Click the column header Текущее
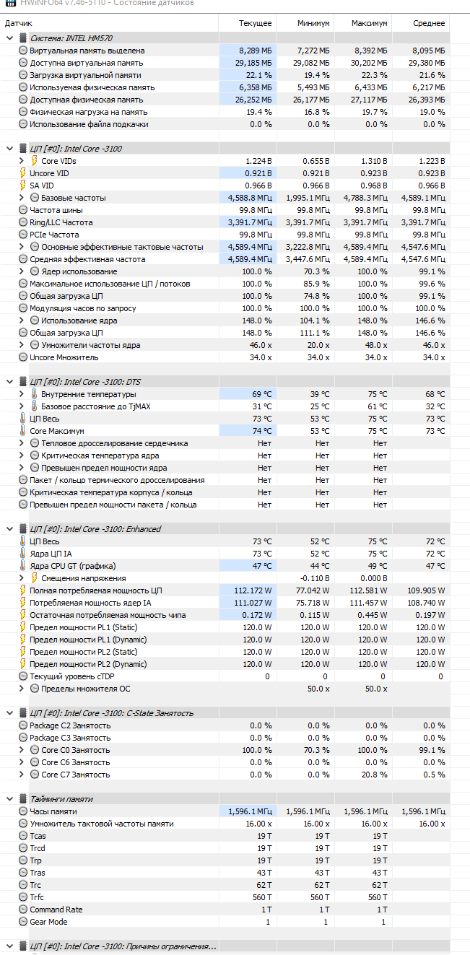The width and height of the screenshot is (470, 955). [256, 23]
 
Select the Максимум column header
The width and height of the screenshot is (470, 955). [370, 23]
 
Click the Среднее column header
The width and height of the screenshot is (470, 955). [429, 23]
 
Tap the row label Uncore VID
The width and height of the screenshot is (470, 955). [49, 173]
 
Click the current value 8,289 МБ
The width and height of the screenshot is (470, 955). [256, 51]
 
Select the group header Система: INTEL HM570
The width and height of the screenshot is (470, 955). [71, 38]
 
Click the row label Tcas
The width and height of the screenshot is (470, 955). [38, 836]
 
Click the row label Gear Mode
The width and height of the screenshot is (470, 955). [48, 922]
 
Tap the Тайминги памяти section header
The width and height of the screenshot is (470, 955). [61, 799]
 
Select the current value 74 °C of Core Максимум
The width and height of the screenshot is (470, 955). [262, 431]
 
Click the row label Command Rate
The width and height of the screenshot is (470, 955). [56, 910]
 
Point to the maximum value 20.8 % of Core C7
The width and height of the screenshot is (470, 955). [373, 775]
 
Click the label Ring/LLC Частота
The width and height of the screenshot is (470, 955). [61, 222]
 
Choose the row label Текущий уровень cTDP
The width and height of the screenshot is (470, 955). [71, 676]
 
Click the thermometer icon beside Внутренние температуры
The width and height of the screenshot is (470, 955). [34, 394]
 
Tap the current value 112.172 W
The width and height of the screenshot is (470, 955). [253, 590]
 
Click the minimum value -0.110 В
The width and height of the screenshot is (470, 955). [315, 578]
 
